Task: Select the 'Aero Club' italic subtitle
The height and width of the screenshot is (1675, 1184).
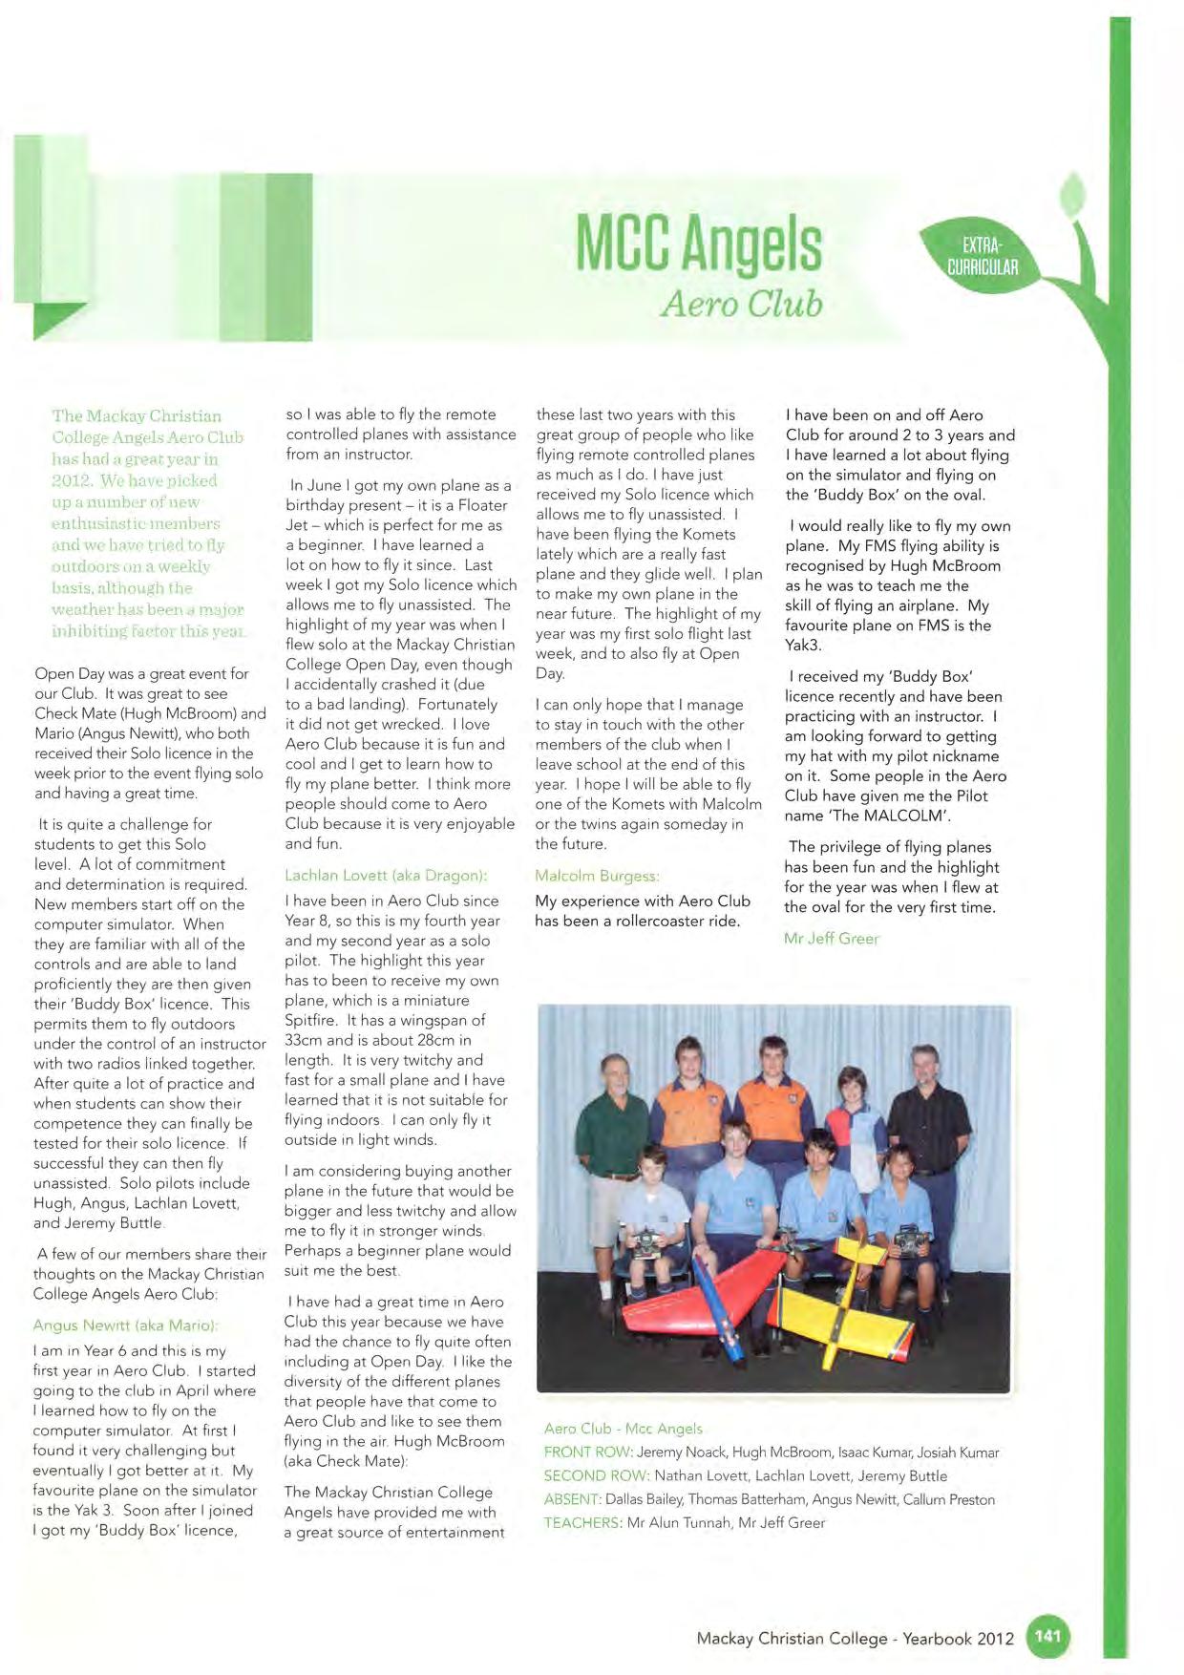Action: [x=741, y=304]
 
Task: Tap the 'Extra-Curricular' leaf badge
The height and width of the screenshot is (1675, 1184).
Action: [x=982, y=255]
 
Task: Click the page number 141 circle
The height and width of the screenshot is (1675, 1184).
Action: [x=1047, y=1636]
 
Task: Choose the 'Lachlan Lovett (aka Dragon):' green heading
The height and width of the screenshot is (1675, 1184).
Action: [x=386, y=875]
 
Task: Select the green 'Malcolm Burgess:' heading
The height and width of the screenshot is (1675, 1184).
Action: [x=597, y=876]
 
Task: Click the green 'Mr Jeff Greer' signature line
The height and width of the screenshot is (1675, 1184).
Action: [x=831, y=938]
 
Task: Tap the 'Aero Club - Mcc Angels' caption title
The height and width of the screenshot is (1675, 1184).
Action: [x=623, y=1429]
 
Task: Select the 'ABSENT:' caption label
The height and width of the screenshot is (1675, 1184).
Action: [x=572, y=1499]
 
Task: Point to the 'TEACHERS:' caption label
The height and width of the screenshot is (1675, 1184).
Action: [x=582, y=1522]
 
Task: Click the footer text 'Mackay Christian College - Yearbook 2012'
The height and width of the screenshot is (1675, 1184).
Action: [x=855, y=1638]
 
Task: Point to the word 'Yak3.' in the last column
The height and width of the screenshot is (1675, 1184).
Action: [x=804, y=646]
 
